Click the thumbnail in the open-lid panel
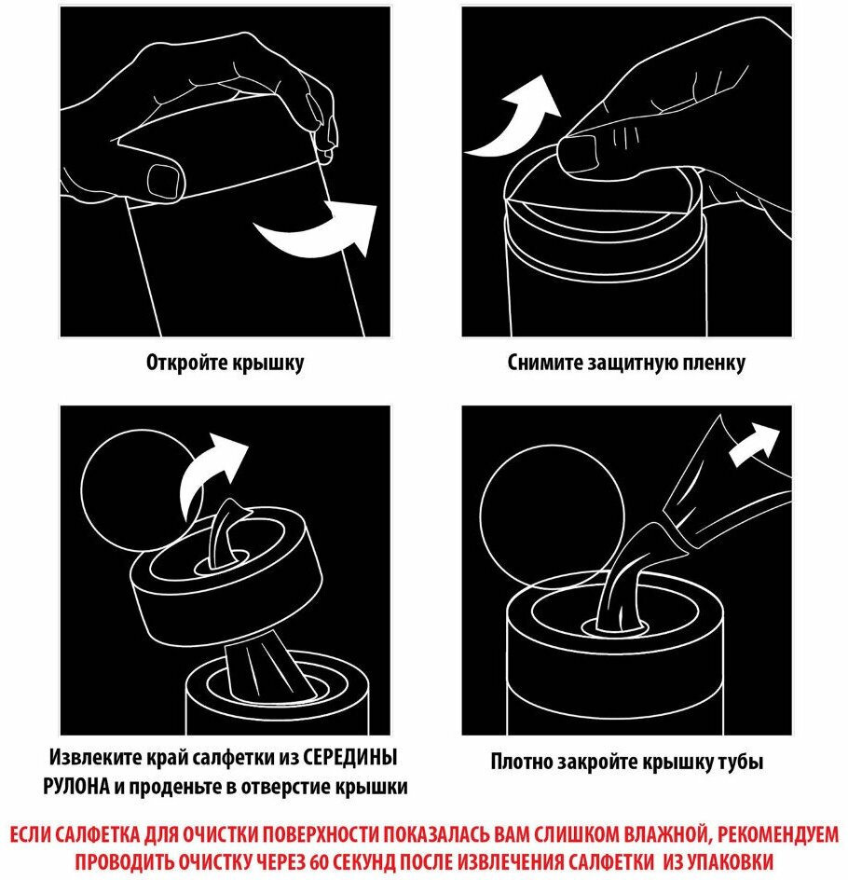[x=164, y=181]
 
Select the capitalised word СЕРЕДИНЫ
[x=350, y=758]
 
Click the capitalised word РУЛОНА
[x=76, y=787]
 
